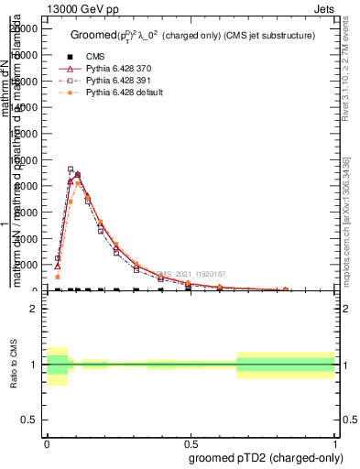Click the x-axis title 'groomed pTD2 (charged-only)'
(x=262, y=457)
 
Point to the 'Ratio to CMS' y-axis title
(x=15, y=364)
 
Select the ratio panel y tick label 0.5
(x=28, y=420)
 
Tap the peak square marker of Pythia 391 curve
(x=71, y=169)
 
